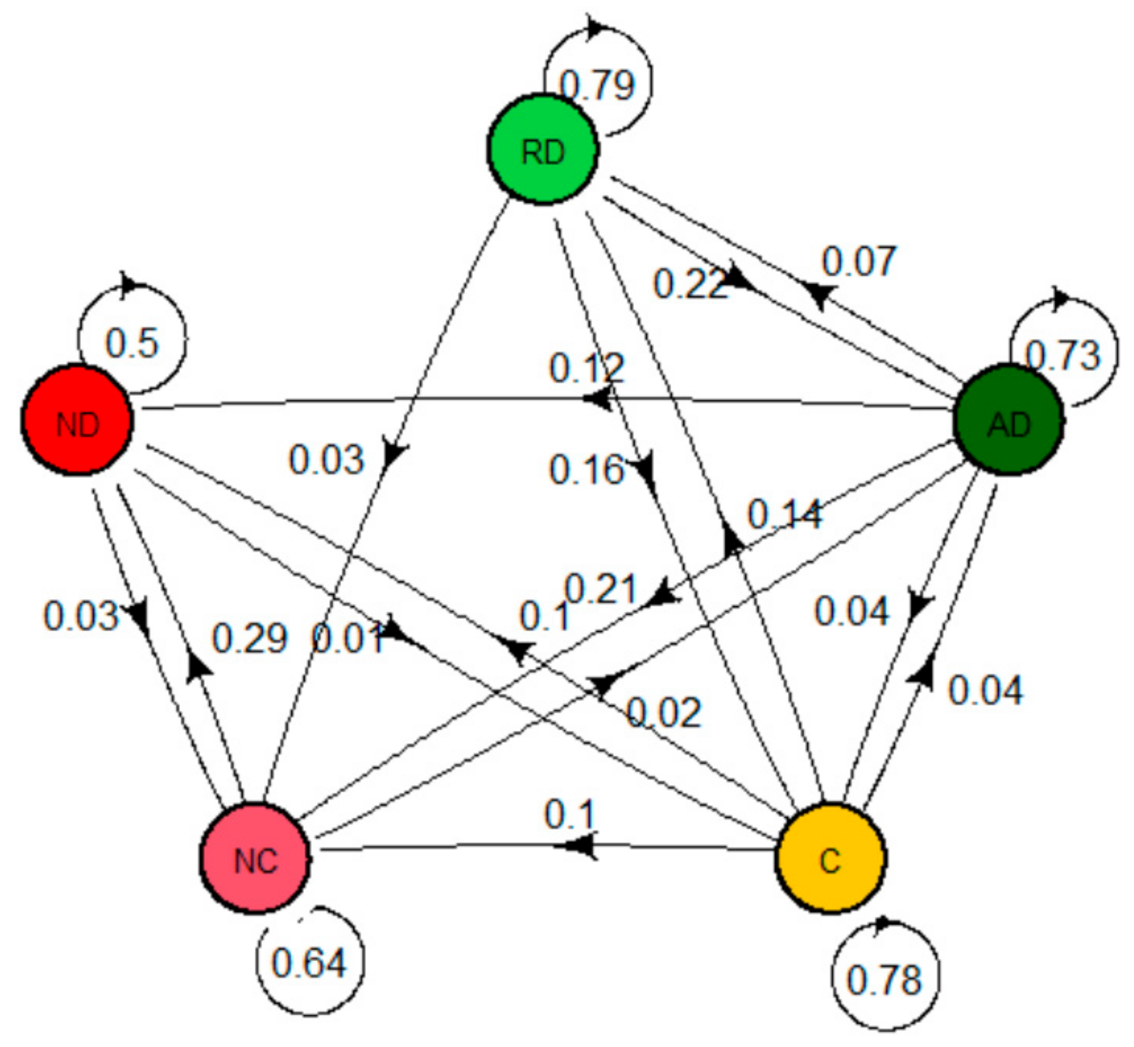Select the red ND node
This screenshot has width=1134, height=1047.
pos(78,420)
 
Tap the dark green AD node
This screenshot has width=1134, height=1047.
pos(1008,420)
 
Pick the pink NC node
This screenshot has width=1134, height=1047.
pos(255,859)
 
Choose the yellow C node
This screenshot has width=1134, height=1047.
pos(830,859)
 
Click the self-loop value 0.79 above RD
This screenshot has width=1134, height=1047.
pos(597,85)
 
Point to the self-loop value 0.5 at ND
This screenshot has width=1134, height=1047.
pos(132,343)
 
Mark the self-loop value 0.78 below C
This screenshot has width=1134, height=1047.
pos(884,980)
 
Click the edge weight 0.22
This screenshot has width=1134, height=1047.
pos(690,284)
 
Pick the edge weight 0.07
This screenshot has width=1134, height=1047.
pos(859,261)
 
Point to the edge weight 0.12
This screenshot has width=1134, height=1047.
pos(587,367)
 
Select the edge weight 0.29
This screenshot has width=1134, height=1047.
pos(249,639)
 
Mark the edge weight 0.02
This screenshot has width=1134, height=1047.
pos(663,713)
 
